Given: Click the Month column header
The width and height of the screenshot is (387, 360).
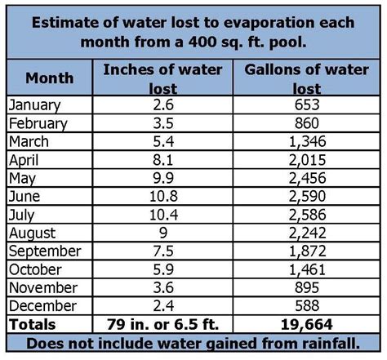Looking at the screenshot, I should (x=50, y=78).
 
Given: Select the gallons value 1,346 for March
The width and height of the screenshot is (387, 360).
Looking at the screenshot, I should (x=299, y=140).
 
